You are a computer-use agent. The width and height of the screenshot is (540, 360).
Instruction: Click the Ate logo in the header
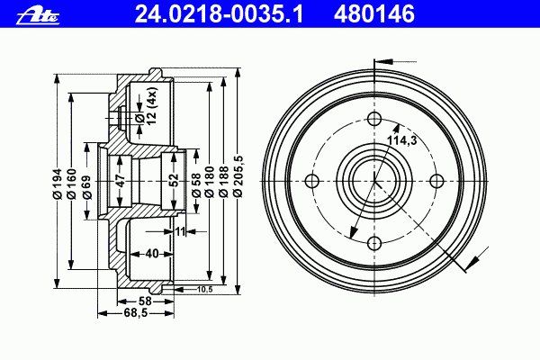click(38, 16)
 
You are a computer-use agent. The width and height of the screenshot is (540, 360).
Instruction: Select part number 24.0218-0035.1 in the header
click(220, 14)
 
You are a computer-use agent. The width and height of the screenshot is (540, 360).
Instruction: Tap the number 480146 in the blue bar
click(374, 14)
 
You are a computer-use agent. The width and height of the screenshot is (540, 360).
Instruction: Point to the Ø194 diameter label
click(57, 184)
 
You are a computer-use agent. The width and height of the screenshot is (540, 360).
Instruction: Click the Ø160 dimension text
click(71, 184)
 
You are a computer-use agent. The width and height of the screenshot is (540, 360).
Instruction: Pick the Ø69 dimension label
click(87, 187)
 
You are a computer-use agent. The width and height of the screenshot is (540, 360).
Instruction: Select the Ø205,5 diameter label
click(238, 176)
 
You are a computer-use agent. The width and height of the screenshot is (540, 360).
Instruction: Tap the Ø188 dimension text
click(223, 182)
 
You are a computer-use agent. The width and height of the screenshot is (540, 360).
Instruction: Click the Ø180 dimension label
click(209, 182)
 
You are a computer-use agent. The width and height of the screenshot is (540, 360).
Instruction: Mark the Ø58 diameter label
click(196, 185)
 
